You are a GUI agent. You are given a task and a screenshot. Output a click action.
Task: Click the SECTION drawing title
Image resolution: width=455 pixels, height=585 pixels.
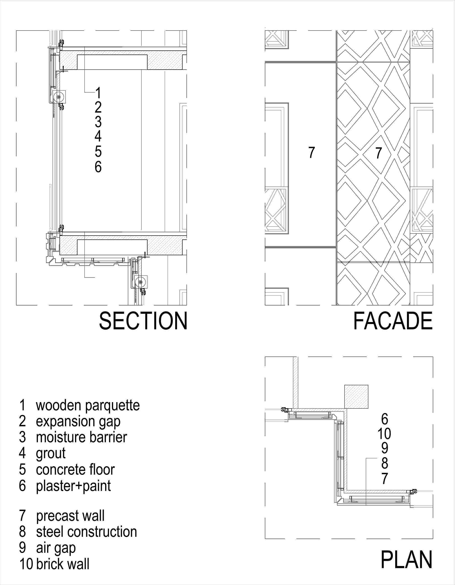point(143,321)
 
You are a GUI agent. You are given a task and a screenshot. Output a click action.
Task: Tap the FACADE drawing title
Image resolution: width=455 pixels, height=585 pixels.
point(393,321)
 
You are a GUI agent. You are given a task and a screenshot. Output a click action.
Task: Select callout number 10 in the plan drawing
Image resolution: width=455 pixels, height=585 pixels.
point(384,433)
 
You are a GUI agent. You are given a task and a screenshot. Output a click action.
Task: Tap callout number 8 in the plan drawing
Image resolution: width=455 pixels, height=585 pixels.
point(384,463)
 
